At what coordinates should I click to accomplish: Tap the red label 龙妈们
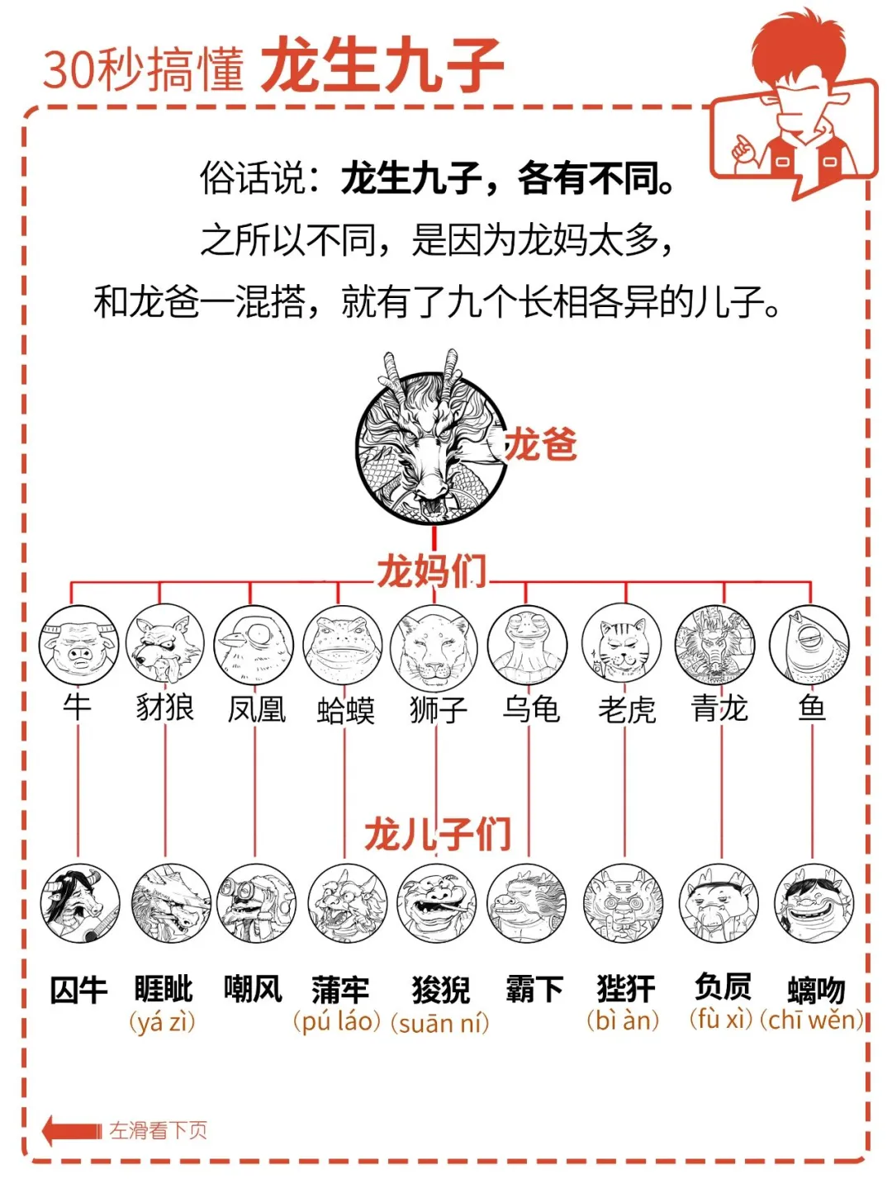[x=431, y=571]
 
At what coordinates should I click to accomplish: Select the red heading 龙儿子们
[x=438, y=834]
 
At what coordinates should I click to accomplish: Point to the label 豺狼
[x=165, y=708]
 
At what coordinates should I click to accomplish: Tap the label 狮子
[x=438, y=709]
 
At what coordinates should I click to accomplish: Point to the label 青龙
[x=719, y=708]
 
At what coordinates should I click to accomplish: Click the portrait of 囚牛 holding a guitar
[x=80, y=903]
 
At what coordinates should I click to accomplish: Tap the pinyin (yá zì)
[x=163, y=1022]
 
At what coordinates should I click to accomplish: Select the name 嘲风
[x=253, y=988]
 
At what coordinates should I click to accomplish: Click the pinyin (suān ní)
[x=439, y=1024]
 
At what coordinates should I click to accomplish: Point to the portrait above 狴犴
[x=623, y=903]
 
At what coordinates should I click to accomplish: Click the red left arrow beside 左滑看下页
[x=70, y=1130]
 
